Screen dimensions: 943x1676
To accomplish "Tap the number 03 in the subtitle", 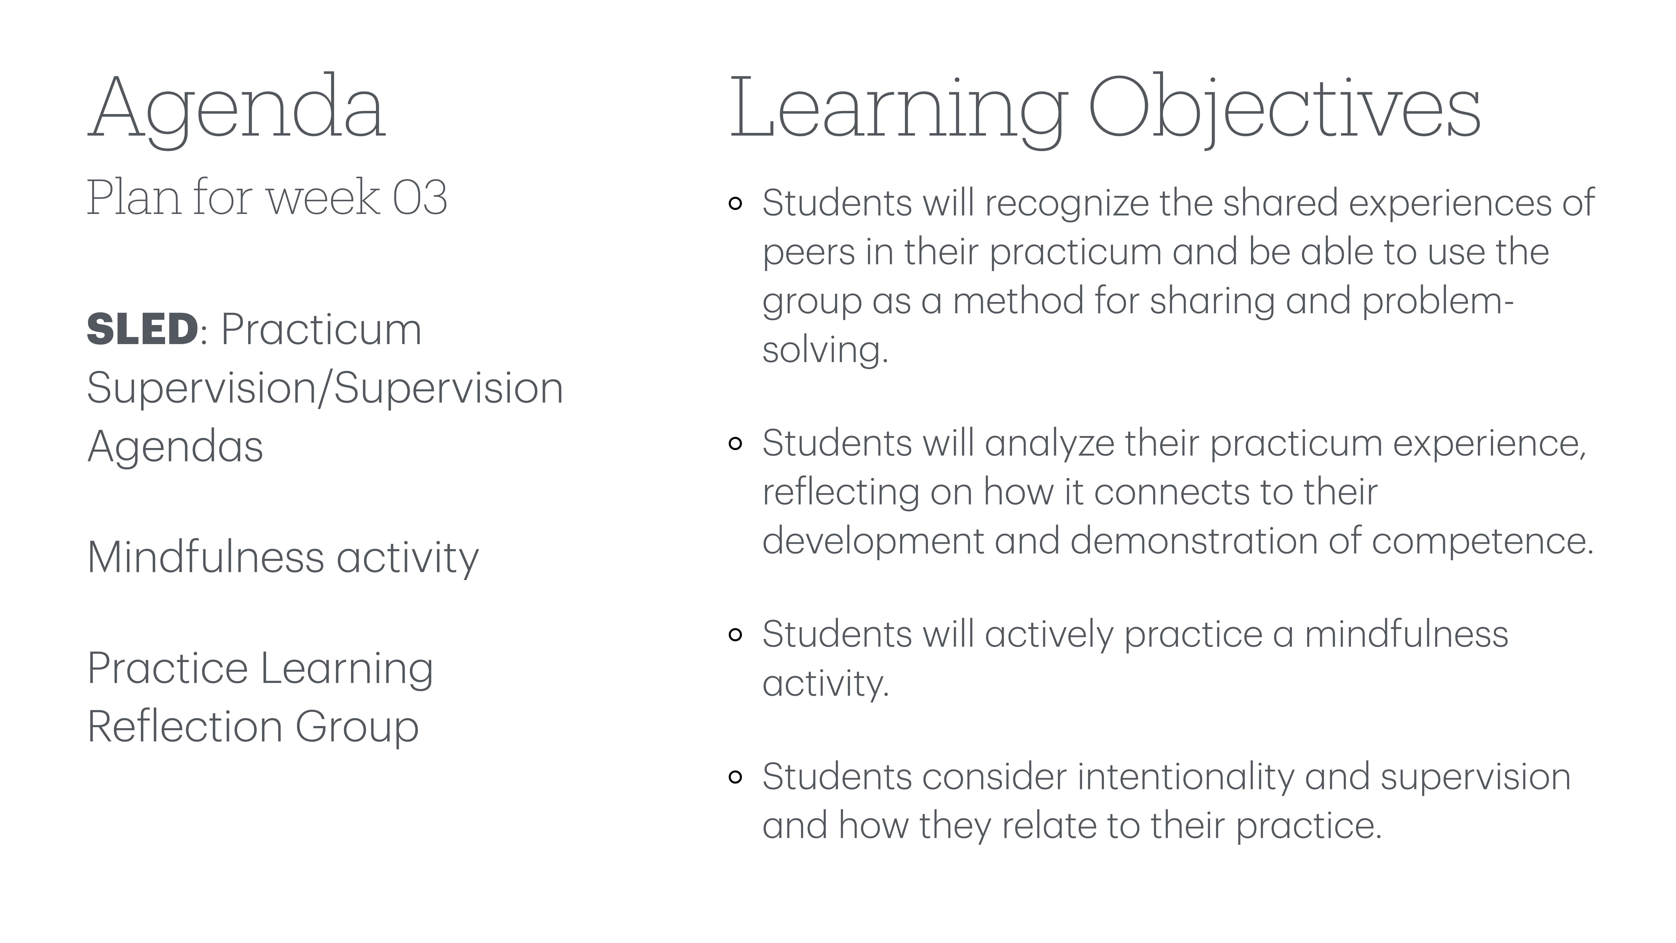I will [420, 197].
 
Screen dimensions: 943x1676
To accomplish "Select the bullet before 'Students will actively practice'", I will [735, 635].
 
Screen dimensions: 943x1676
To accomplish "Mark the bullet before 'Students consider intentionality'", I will [735, 777].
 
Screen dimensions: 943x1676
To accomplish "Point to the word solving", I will [824, 350].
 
